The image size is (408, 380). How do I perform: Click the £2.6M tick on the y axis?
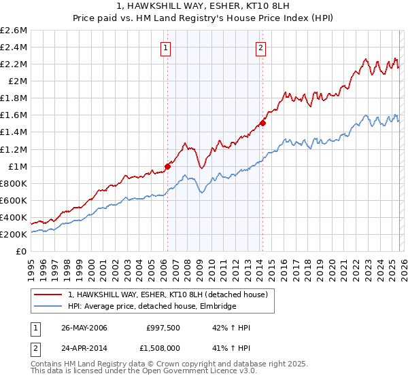click(14, 31)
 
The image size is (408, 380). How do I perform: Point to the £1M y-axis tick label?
click(17, 166)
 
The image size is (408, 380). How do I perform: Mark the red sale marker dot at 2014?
click(262, 123)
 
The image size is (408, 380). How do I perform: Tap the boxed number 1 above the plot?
click(166, 47)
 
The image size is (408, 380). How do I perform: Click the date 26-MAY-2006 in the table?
click(84, 328)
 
